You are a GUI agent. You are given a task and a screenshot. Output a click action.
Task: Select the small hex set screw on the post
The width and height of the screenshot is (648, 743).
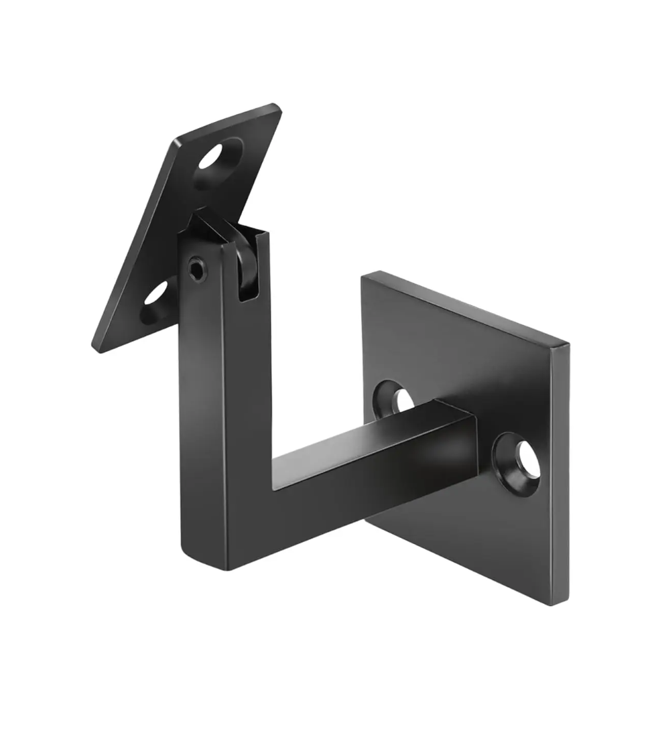[197, 271]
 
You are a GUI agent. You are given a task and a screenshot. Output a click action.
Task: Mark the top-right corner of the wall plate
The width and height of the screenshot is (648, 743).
[568, 344]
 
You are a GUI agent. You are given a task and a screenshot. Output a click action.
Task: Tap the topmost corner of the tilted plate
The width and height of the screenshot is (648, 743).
[276, 106]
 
